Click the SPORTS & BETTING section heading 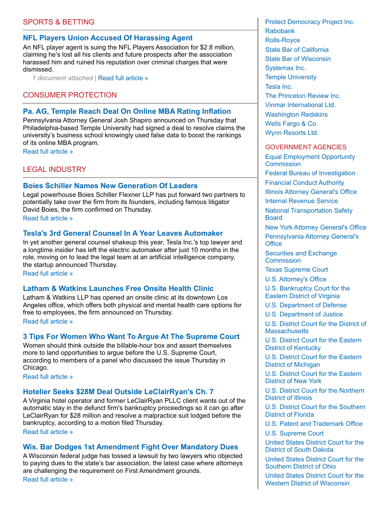[x=59, y=22]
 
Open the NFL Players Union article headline [x=108, y=38]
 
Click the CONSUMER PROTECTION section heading [x=70, y=95]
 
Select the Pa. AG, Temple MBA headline [x=127, y=111]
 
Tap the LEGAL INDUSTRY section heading [x=54, y=169]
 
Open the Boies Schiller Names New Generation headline [x=110, y=186]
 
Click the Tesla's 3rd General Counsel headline [x=123, y=233]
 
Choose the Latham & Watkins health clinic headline [x=118, y=289]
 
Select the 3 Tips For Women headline [x=131, y=337]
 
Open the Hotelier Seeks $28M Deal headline [x=118, y=392]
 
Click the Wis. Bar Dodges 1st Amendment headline [x=130, y=447]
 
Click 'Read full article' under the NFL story [x=123, y=78]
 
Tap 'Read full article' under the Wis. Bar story [x=48, y=480]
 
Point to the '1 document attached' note [x=62, y=78]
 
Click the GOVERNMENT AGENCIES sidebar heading [x=306, y=147]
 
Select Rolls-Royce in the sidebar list [x=282, y=40]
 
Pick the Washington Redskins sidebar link [x=296, y=115]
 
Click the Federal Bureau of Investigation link [x=310, y=173]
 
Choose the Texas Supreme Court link [x=296, y=270]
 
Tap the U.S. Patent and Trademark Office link [x=314, y=424]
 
